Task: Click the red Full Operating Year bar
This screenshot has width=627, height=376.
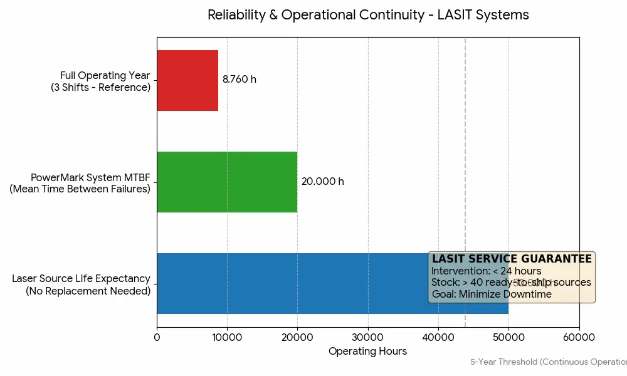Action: tap(187, 80)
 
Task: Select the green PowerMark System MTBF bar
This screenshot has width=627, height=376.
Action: tap(227, 182)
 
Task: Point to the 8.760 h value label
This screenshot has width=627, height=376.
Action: tap(240, 80)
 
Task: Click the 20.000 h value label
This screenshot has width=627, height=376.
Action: tap(322, 182)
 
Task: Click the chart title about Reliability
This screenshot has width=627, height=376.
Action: tap(368, 15)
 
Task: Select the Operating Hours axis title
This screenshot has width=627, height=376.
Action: tap(367, 352)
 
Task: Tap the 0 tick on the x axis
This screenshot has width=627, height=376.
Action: tap(157, 337)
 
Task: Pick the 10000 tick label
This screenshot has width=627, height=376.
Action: tap(227, 337)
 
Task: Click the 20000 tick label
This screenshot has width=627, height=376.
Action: tap(297, 337)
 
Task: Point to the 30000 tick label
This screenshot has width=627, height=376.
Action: tap(368, 337)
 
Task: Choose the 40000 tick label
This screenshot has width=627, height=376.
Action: tap(438, 337)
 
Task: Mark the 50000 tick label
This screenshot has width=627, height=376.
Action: tap(508, 337)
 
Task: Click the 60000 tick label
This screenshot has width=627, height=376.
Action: tap(579, 337)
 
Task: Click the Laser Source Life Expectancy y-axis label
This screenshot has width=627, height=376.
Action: tap(82, 285)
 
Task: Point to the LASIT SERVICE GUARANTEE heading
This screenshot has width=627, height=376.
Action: tap(512, 259)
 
